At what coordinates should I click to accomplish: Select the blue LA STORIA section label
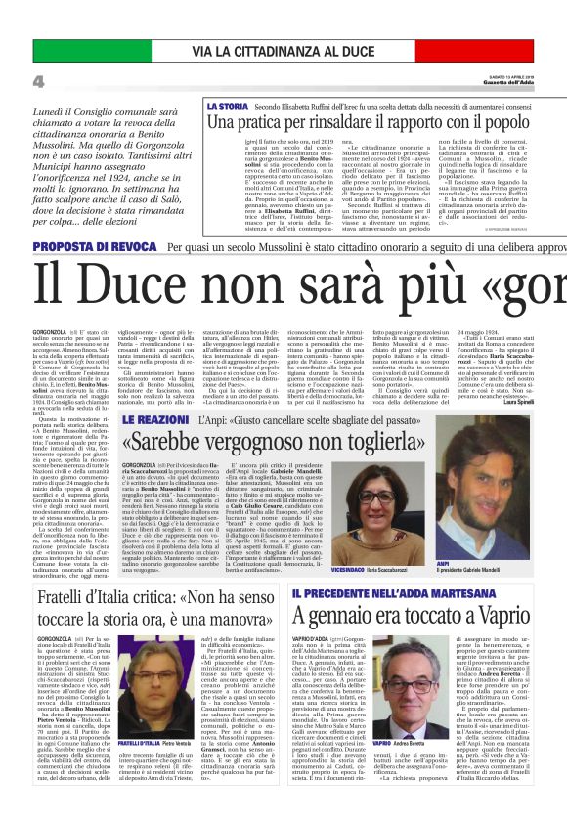227,105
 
